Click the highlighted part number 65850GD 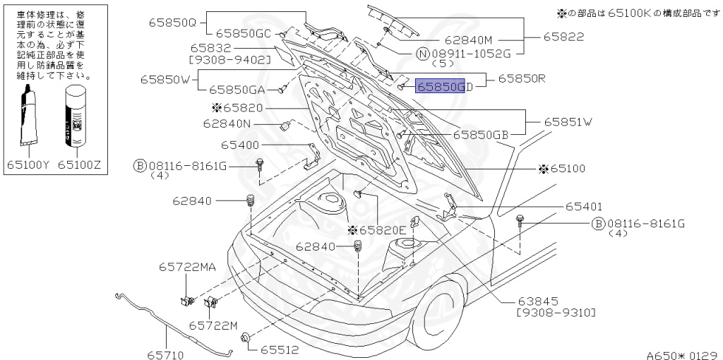tap(441, 86)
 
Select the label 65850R tap(522, 79)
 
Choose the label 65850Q tap(172, 22)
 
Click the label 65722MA tap(187, 267)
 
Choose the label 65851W tap(568, 121)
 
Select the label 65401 tap(583, 207)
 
